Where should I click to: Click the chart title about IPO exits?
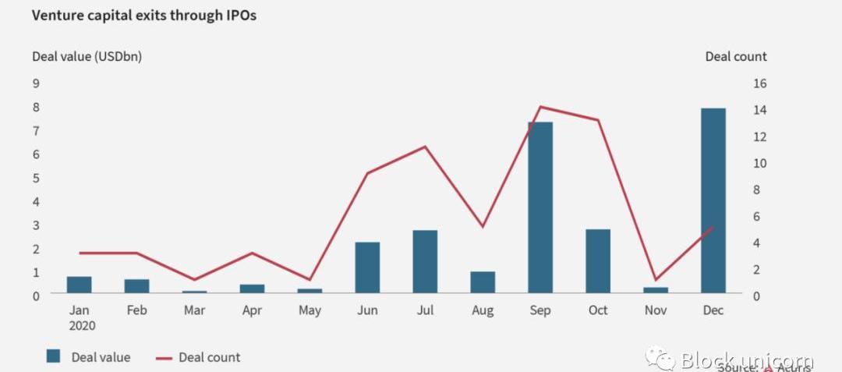(143, 16)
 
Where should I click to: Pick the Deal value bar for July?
(425, 261)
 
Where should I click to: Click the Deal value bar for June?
(367, 267)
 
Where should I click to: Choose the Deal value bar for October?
(598, 261)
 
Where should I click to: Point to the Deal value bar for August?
(483, 282)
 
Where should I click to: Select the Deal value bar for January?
(79, 285)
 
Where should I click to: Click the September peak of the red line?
(540, 107)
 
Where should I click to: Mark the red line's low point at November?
(656, 279)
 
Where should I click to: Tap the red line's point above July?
(425, 147)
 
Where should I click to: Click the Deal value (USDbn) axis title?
(87, 56)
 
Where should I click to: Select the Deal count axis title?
(735, 56)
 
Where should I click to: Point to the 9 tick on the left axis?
(36, 83)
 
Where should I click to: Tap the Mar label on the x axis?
(194, 310)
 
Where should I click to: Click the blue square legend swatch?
(53, 356)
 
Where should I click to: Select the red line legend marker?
(163, 358)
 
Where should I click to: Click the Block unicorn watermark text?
(746, 360)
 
